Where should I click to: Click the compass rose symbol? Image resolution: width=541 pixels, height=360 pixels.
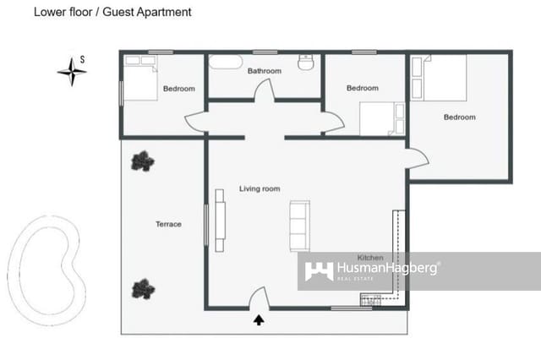73,72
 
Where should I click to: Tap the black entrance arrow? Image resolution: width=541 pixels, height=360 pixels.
259,319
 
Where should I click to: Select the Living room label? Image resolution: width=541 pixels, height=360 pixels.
259,188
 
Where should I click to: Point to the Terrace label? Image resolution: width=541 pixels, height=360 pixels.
168,224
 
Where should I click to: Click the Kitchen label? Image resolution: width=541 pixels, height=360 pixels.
370,257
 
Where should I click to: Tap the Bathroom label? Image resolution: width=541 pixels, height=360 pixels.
264,71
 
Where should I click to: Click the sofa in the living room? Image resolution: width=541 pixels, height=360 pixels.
300,225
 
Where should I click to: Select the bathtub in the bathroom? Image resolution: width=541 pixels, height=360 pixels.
226,63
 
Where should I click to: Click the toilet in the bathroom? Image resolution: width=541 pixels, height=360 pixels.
307,62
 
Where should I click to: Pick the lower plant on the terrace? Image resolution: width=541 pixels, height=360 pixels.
143,289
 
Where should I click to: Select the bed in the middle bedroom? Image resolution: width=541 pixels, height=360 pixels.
382,119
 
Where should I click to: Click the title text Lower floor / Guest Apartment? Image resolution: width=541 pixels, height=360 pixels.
112,13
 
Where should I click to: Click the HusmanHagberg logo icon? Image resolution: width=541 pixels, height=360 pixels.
318,271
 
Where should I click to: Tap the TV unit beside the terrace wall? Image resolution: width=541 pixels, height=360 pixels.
220,220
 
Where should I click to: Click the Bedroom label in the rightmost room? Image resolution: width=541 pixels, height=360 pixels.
459,117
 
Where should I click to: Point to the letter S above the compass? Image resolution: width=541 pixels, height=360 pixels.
82,59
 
